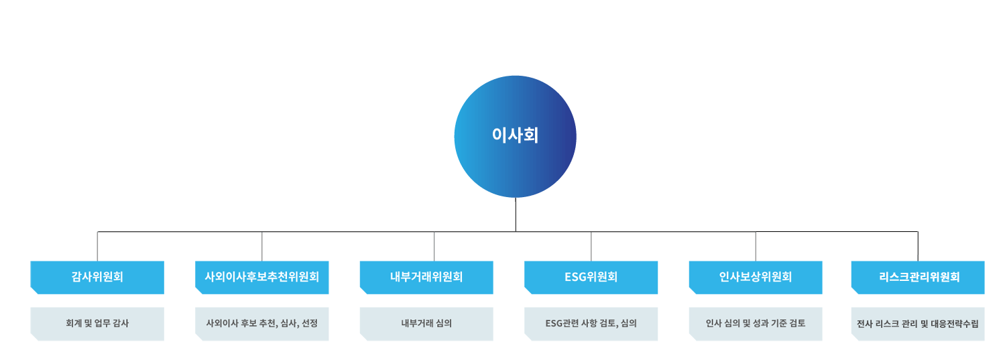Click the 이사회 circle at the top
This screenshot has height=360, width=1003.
pyautogui.click(x=515, y=137)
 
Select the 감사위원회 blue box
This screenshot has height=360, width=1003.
pyautogui.click(x=97, y=277)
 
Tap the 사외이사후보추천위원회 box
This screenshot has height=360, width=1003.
pyautogui.click(x=261, y=277)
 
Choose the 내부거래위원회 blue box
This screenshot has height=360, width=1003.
pyautogui.click(x=426, y=277)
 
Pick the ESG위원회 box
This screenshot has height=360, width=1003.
pyautogui.click(x=591, y=277)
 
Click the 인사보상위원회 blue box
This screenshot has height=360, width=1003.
pyautogui.click(x=756, y=277)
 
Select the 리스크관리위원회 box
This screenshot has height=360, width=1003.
pyautogui.click(x=919, y=277)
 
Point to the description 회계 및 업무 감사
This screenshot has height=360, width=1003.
pyautogui.click(x=97, y=323)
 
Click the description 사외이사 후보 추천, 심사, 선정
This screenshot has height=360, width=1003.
pyautogui.click(x=261, y=323)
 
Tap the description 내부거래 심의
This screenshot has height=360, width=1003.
pyautogui.click(x=426, y=323)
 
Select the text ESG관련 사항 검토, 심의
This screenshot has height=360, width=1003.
pyautogui.click(x=591, y=323)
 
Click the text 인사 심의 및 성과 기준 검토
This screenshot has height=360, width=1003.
pyautogui.click(x=756, y=323)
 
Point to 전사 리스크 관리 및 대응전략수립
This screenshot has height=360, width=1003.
pyautogui.click(x=919, y=324)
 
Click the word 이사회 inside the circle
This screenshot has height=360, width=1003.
pyautogui.click(x=515, y=135)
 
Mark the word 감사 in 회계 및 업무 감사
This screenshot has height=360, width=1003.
pyautogui.click(x=120, y=323)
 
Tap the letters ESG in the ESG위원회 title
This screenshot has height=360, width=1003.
pyautogui.click(x=575, y=277)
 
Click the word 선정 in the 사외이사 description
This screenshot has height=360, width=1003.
pyautogui.click(x=310, y=323)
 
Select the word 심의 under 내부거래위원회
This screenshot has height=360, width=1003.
pyautogui.click(x=443, y=323)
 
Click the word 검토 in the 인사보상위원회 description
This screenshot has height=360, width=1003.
pyautogui.click(x=796, y=323)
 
